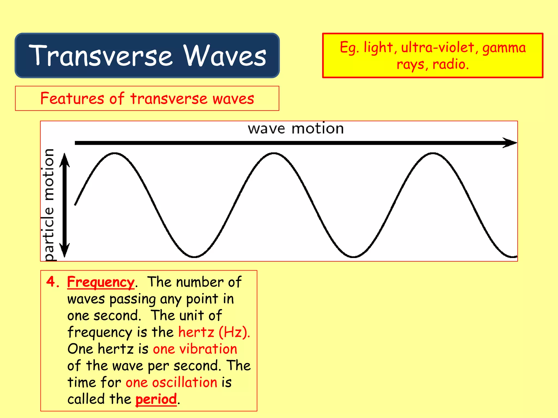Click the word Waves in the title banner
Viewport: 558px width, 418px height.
click(x=225, y=56)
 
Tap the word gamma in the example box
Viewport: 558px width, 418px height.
click(x=504, y=48)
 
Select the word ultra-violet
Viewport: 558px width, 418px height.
click(x=438, y=48)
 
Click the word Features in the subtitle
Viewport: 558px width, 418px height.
click(x=72, y=98)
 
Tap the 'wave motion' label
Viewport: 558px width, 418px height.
click(x=296, y=128)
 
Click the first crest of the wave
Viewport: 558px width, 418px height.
click(x=114, y=154)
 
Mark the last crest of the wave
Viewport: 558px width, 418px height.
click(x=433, y=154)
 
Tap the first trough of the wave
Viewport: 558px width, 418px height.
click(x=194, y=256)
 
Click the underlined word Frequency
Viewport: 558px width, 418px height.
click(x=101, y=282)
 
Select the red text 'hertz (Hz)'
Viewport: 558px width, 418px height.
click(x=214, y=332)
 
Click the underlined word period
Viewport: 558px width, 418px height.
click(x=156, y=399)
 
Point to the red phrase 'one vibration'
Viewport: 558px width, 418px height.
click(x=195, y=349)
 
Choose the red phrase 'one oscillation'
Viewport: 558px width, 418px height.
click(x=171, y=382)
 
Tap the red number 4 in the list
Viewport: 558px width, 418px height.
click(x=51, y=281)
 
